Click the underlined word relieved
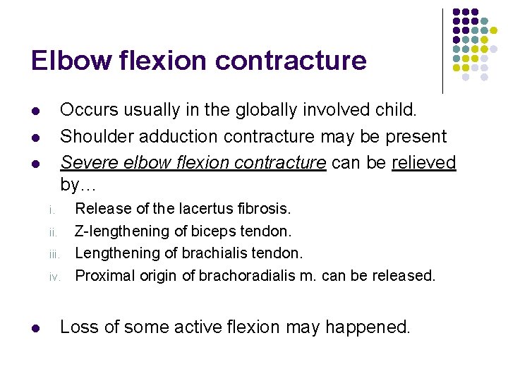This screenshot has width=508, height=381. point(424,162)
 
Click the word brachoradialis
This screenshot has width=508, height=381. point(247,275)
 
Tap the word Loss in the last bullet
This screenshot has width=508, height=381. point(78,327)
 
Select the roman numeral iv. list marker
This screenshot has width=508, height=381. point(54,277)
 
